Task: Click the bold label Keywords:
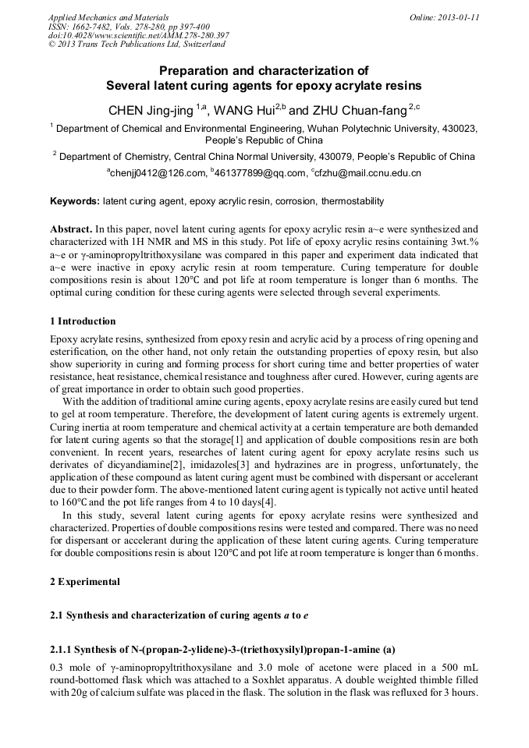pyautogui.click(x=74, y=201)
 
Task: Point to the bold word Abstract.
pyautogui.click(x=71, y=230)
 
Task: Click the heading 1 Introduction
pyautogui.click(x=83, y=321)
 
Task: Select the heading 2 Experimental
pyautogui.click(x=85, y=582)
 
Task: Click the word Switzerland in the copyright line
pyautogui.click(x=201, y=45)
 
